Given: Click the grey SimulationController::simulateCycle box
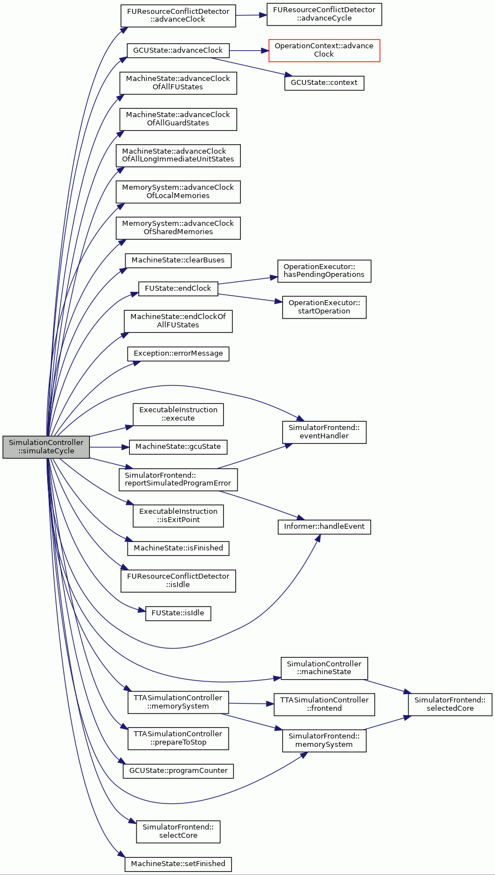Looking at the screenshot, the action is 46,447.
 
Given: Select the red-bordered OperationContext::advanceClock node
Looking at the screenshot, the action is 324,50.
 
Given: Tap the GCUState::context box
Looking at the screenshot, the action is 324,83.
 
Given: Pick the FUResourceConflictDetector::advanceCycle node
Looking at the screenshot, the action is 324,14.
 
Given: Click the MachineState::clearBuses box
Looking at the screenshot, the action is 178,261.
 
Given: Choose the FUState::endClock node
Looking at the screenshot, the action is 178,289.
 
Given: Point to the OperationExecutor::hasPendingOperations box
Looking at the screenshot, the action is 324,271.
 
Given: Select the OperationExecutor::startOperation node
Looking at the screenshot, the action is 324,307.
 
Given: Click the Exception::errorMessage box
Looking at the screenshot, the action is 178,353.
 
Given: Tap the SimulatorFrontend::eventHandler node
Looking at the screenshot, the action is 324,432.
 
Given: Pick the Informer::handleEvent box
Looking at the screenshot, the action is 324,527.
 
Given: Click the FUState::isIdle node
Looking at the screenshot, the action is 178,614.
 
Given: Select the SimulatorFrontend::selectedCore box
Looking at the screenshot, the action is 449,704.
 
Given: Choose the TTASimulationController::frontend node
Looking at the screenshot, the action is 324,704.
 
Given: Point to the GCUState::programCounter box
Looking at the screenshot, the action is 178,771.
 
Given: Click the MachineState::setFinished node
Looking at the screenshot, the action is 178,864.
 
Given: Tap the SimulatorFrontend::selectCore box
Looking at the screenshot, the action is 178,832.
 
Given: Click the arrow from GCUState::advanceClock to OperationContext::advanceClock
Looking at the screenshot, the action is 249,51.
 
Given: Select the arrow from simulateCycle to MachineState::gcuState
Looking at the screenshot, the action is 109,447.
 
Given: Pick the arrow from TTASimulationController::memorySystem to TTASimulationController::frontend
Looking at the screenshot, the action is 251,704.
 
